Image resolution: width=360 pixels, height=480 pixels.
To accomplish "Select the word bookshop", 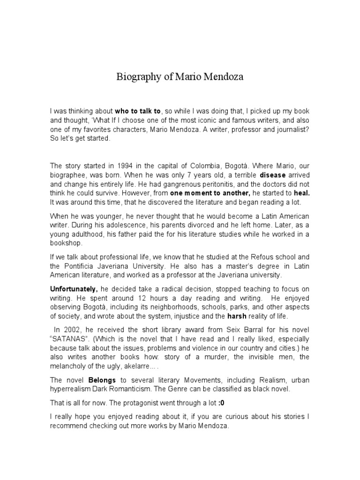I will [67, 243].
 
